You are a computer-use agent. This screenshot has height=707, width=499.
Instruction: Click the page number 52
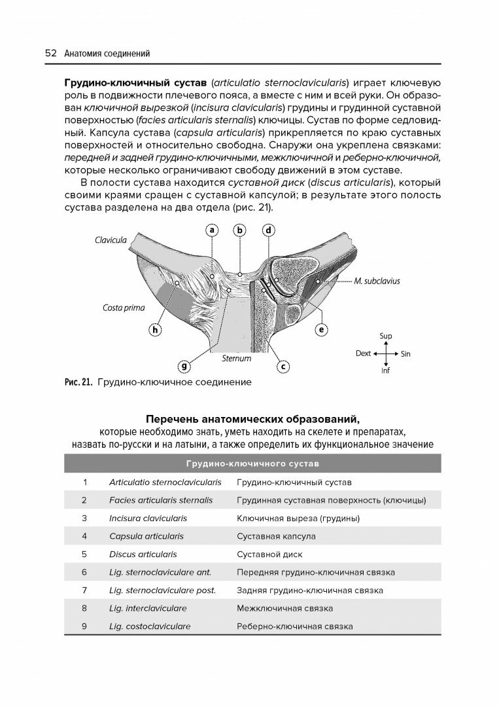[x=50, y=54]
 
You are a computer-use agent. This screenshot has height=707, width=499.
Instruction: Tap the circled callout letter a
[x=213, y=230]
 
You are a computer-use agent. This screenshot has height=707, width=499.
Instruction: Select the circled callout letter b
[x=240, y=230]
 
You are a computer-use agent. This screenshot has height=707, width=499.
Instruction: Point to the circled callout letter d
[x=268, y=230]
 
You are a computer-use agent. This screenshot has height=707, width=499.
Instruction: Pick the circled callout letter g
[x=185, y=366]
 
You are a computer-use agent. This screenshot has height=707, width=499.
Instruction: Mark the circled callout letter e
[x=321, y=330]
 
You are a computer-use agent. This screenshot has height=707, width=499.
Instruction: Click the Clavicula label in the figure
[x=111, y=240]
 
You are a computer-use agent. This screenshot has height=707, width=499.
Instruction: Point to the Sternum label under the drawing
[x=236, y=358]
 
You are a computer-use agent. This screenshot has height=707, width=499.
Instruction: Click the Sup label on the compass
[x=385, y=336]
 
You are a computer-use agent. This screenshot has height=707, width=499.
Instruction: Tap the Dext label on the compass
[x=363, y=353]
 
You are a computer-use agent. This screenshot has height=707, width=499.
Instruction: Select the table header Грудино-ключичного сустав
[x=252, y=464]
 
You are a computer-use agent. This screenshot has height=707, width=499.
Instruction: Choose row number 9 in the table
[x=84, y=626]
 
